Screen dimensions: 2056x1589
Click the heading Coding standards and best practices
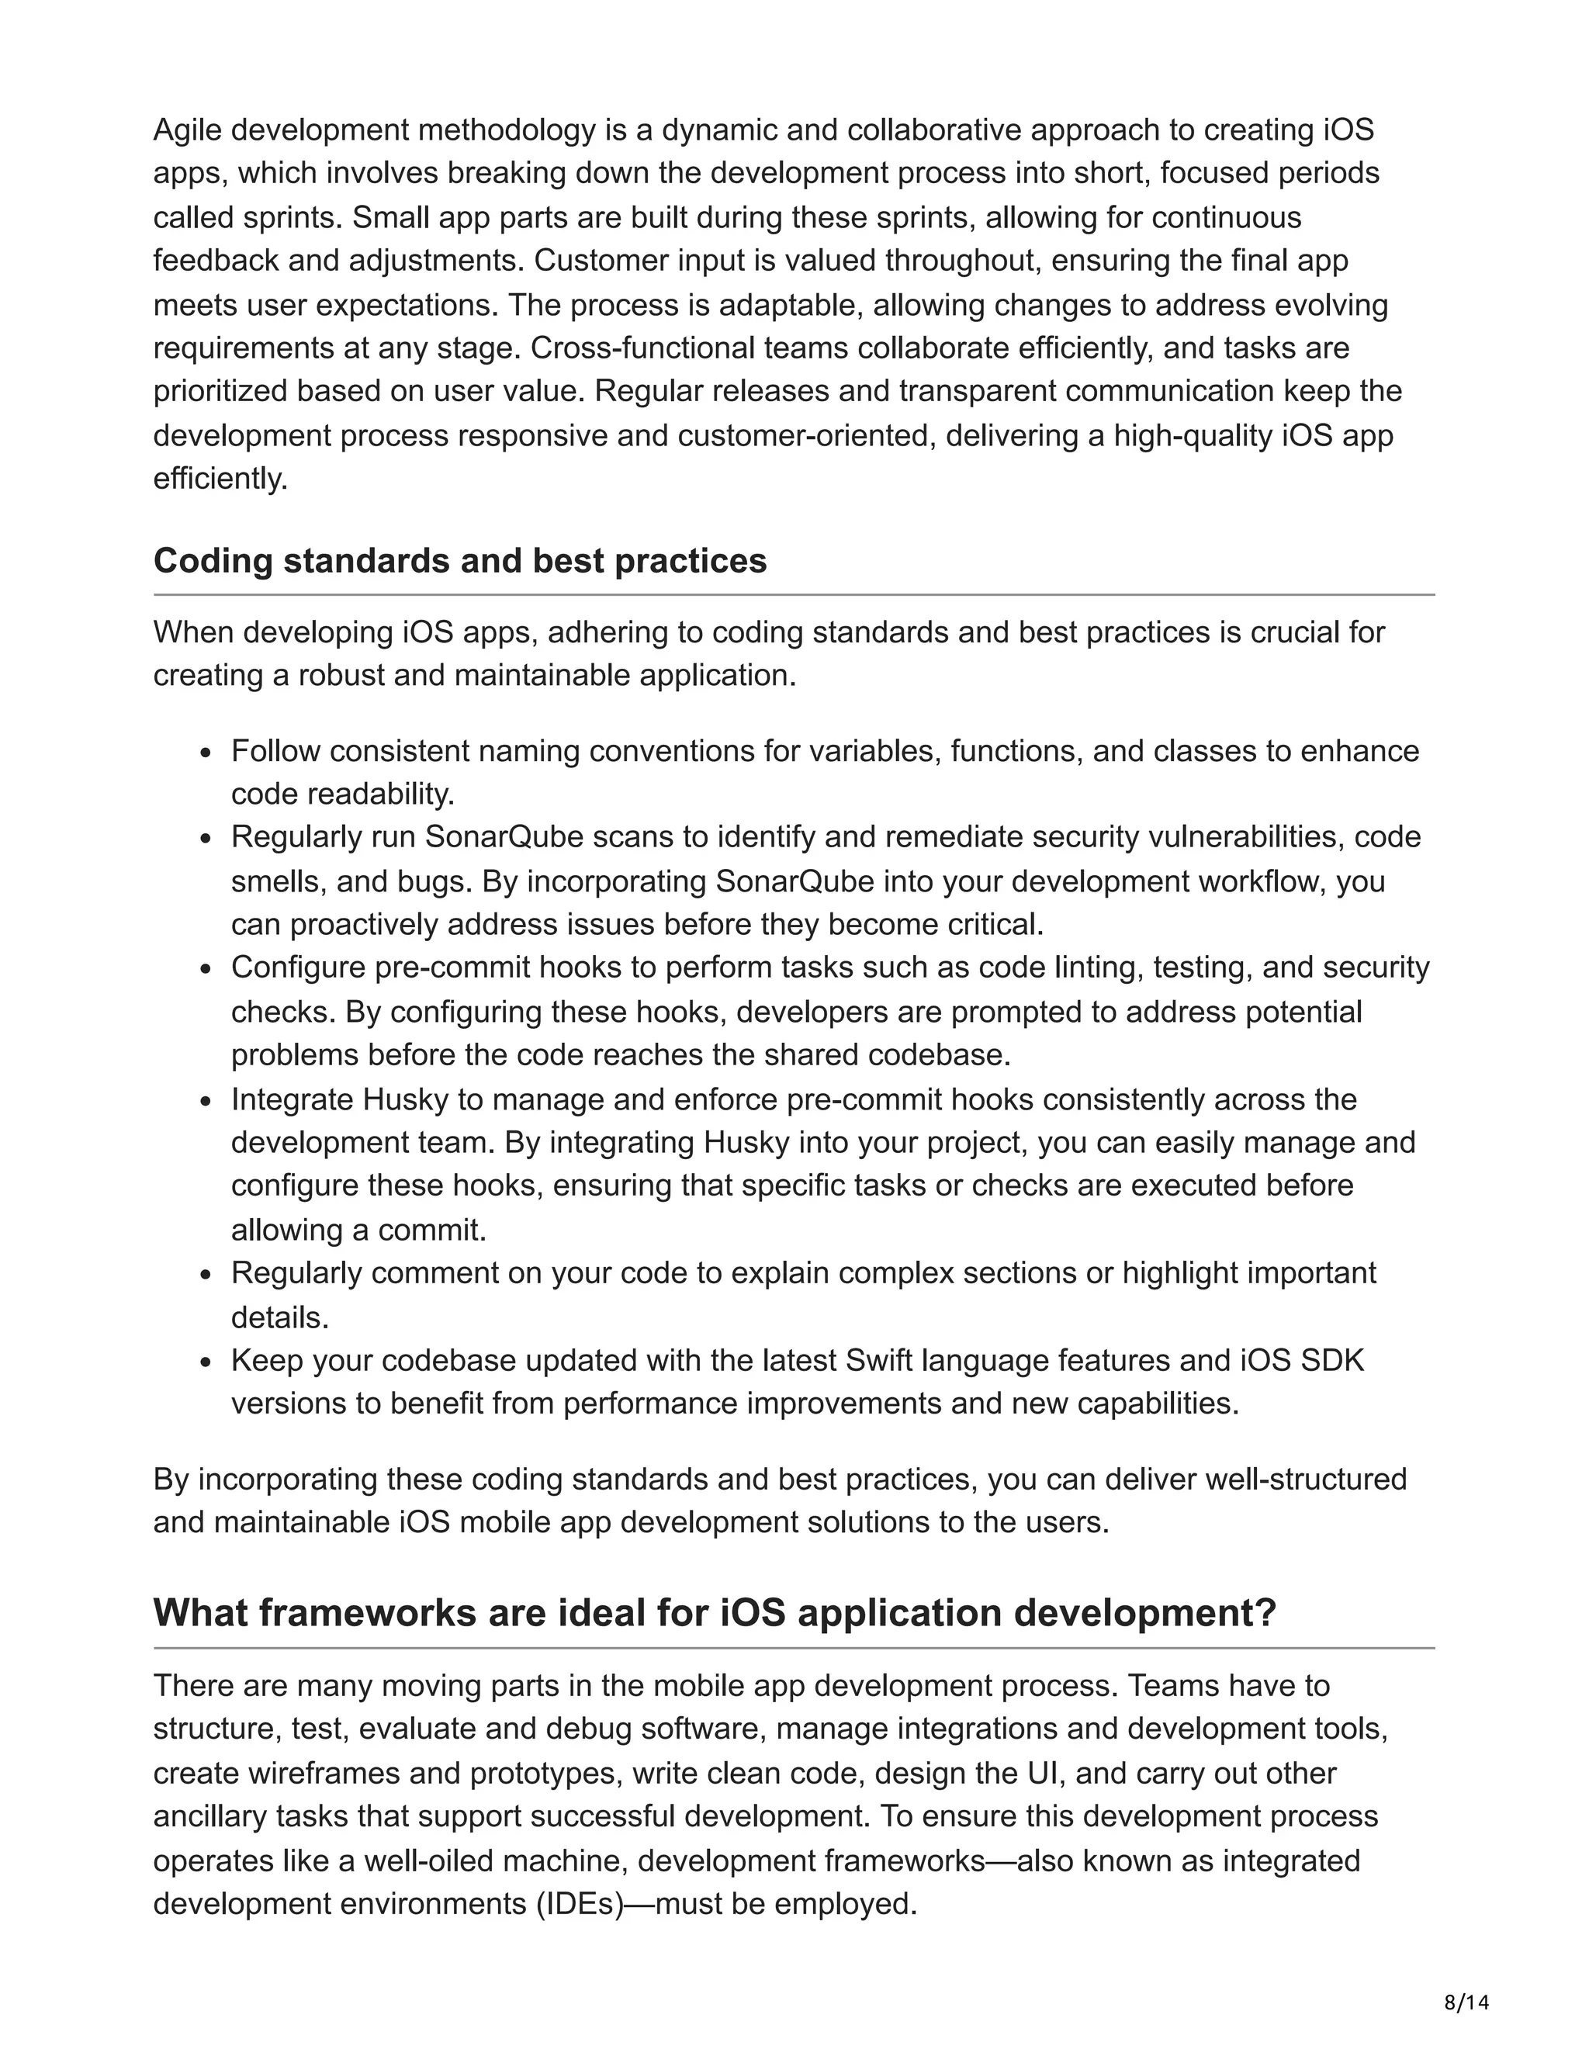pyautogui.click(x=459, y=561)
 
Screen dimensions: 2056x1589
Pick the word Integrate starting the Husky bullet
pyautogui.click(x=293, y=1099)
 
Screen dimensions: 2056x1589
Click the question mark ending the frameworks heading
pyautogui.click(x=1264, y=1614)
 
